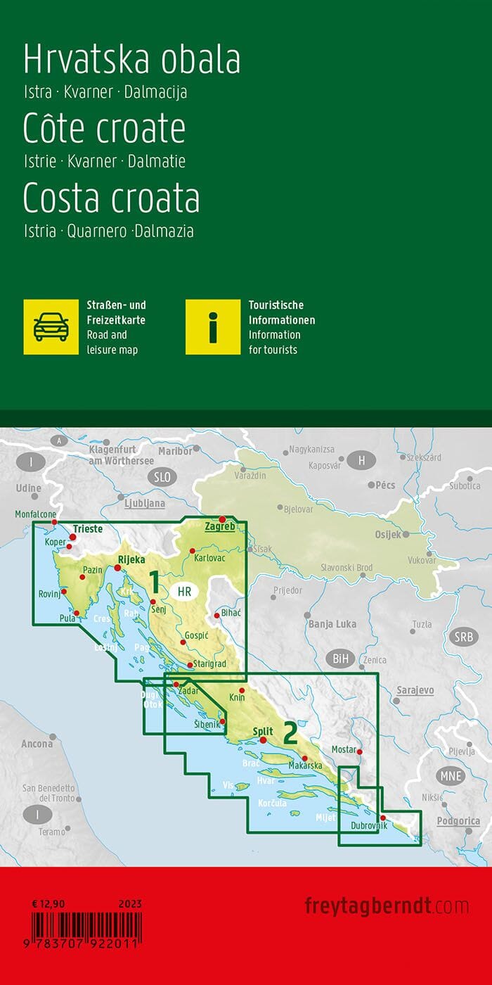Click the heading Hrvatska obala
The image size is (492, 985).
point(132,61)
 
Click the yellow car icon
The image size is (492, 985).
point(51,326)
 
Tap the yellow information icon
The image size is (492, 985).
point(213,326)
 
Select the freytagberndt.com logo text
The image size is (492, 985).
point(387,905)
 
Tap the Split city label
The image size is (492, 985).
point(263,732)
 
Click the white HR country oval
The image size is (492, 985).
point(185,592)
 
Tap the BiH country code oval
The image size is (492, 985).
point(340,659)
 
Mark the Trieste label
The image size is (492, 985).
point(88,528)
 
